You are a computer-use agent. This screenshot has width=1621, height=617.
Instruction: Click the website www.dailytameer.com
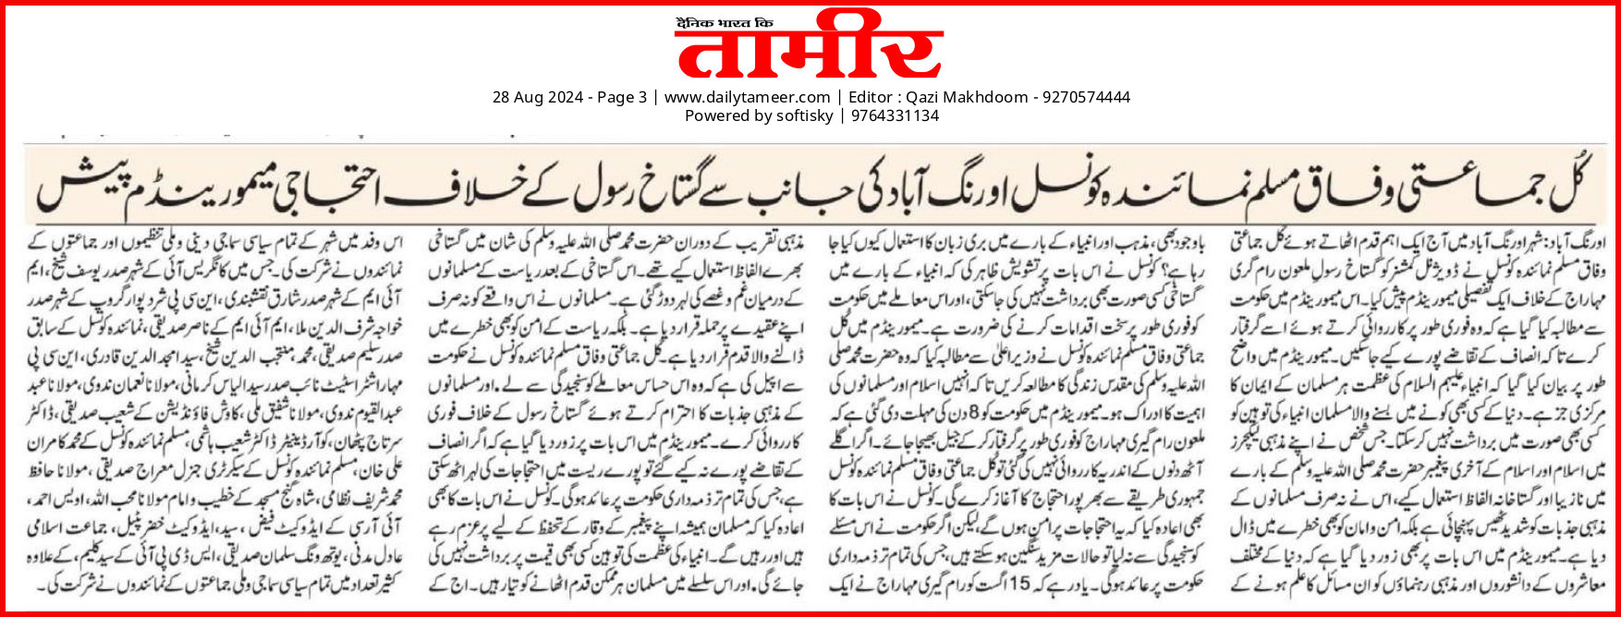[747, 97]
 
